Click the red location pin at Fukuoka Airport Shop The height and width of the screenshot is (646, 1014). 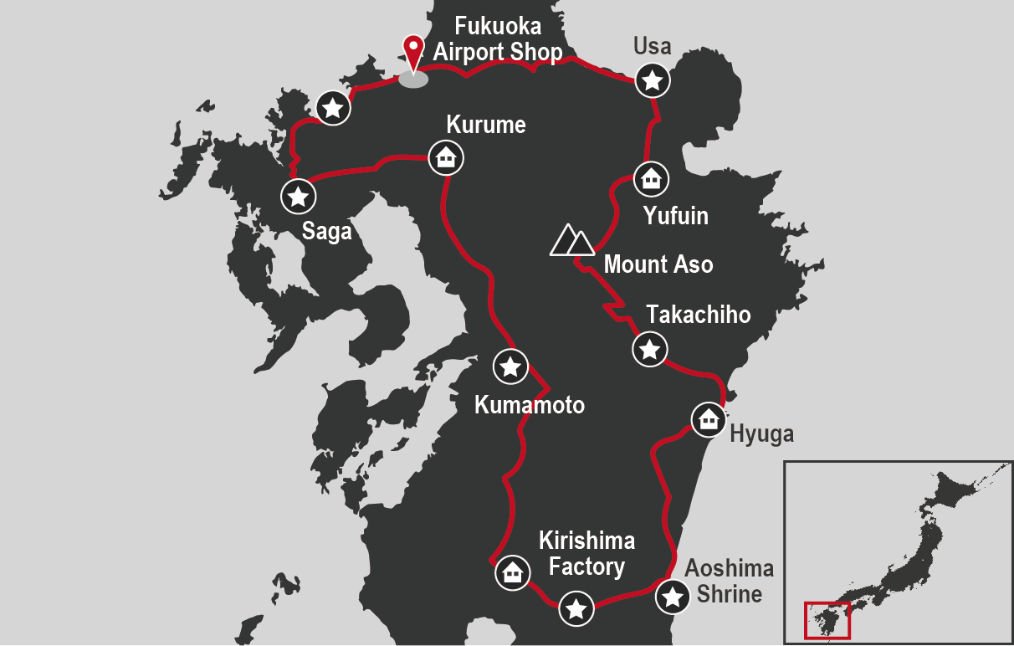[x=412, y=50]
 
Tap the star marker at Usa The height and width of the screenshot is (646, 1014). [x=653, y=81]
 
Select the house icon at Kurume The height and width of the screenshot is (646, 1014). [x=446, y=156]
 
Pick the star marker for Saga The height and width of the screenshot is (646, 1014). [x=298, y=197]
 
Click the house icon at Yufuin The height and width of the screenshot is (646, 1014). [x=650, y=178]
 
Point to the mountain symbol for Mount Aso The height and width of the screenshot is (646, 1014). [x=572, y=240]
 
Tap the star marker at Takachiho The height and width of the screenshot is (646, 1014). [x=649, y=348]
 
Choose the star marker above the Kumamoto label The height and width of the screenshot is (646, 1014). [x=510, y=366]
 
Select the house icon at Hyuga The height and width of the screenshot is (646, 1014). [x=709, y=418]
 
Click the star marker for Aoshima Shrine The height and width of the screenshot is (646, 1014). [x=672, y=597]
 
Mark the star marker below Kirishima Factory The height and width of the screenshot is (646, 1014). [x=576, y=608]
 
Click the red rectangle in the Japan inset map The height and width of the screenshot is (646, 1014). [x=827, y=620]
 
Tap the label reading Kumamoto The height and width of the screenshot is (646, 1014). [x=529, y=405]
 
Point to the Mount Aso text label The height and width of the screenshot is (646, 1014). [x=658, y=265]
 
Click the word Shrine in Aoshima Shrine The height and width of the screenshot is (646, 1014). [x=730, y=594]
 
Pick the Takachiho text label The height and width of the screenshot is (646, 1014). [x=698, y=315]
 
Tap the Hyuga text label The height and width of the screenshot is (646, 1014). [x=761, y=433]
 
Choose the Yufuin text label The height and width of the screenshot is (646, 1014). [x=675, y=216]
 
